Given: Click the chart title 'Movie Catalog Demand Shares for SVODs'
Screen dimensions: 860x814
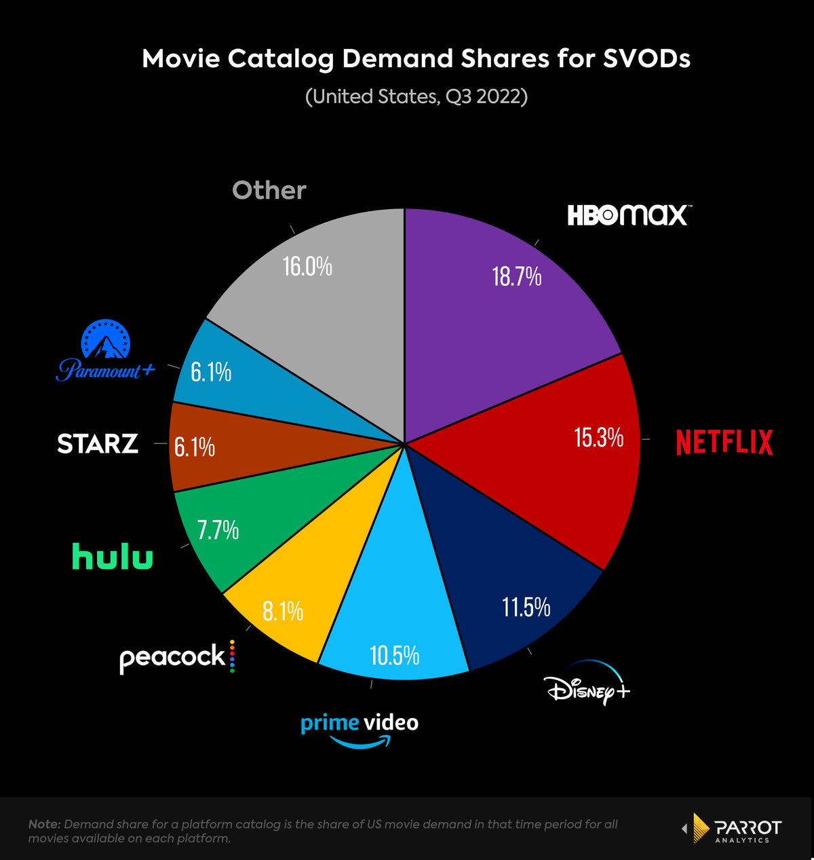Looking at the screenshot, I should pos(416,59).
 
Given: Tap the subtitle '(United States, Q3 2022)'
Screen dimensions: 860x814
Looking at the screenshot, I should pos(416,96).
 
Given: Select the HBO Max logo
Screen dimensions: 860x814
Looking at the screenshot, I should pos(629,215).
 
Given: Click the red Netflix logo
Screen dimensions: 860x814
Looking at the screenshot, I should pos(724,442).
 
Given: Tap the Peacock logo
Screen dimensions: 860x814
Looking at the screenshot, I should pos(177,657).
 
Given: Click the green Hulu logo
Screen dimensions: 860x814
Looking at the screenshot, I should pos(113,557).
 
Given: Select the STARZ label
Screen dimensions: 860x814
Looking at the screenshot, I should pos(98,444).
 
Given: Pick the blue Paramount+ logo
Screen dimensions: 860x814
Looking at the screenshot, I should pos(106,351).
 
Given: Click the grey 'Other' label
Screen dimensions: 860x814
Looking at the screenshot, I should pos(269,190).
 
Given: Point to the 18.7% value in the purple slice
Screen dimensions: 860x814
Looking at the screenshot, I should pos(517,276).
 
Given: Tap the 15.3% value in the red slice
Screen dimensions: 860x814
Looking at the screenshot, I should pos(599,438).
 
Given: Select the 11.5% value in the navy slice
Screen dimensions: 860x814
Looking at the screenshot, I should pos(526,606).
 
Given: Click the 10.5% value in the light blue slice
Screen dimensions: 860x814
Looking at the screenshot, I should pos(394,656).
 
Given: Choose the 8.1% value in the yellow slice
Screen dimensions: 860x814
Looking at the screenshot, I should pos(283,612).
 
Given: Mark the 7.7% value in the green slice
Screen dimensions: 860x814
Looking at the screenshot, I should pos(218,529).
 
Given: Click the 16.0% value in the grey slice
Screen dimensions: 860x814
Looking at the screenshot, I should pos(307,267).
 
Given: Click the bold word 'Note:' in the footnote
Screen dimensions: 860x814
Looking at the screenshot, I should pos(44,824).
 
